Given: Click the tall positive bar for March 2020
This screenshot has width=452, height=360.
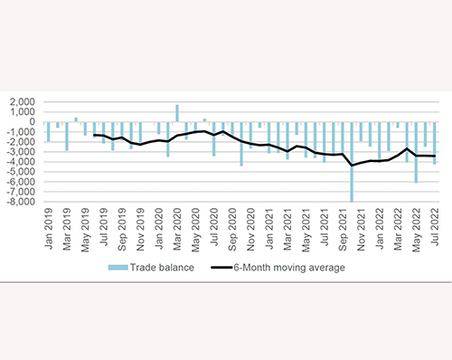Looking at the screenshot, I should point(177,113).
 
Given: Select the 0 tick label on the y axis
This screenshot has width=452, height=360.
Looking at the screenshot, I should point(33,122).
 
